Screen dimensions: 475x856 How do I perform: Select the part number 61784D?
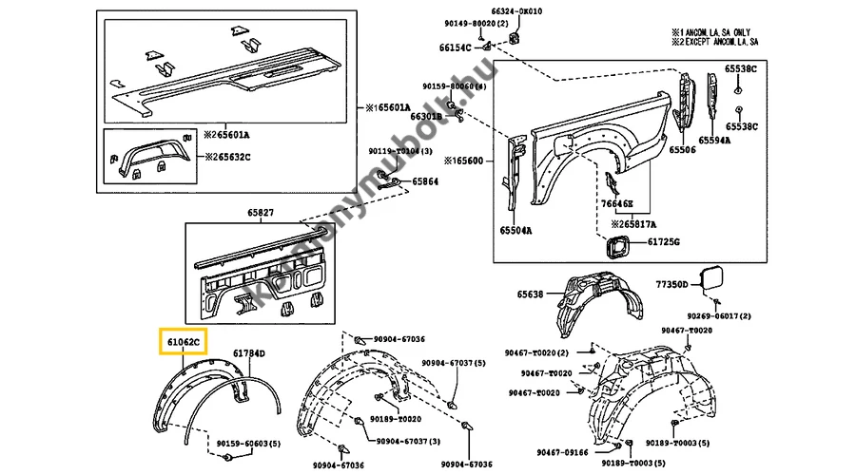[x=249, y=353]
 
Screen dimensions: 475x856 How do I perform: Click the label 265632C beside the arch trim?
[x=226, y=156]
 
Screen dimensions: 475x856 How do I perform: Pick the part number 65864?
[x=425, y=180]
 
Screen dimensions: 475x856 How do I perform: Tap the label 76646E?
[x=616, y=203]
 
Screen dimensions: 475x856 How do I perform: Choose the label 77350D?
[x=671, y=284]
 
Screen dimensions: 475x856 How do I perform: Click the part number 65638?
[x=531, y=294]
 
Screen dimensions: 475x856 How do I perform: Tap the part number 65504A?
[x=516, y=230]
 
